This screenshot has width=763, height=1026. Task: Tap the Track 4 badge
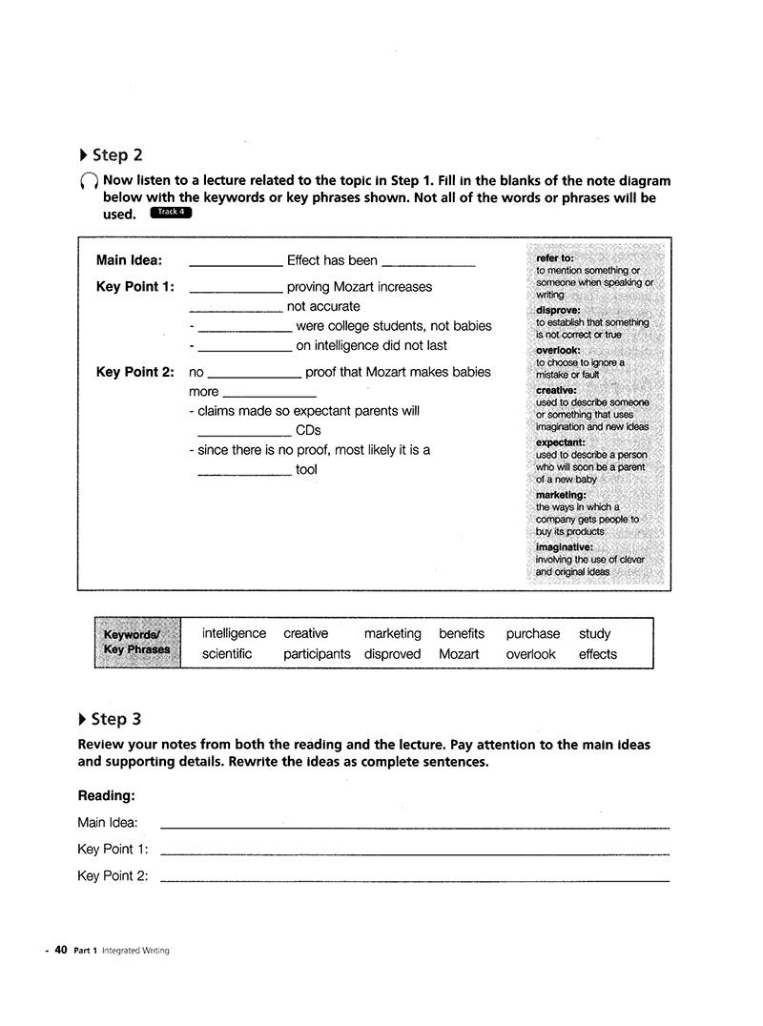pyautogui.click(x=171, y=213)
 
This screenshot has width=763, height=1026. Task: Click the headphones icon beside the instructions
pyautogui.click(x=88, y=181)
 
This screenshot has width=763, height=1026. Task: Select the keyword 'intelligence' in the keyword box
pyautogui.click(x=234, y=633)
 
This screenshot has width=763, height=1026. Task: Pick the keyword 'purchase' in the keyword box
pyautogui.click(x=532, y=633)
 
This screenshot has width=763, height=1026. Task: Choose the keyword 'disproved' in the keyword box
pyautogui.click(x=392, y=654)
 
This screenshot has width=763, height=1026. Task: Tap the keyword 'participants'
pyautogui.click(x=317, y=654)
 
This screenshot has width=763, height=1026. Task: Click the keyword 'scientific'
pyautogui.click(x=227, y=654)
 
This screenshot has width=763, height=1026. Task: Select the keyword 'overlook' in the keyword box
pyautogui.click(x=530, y=654)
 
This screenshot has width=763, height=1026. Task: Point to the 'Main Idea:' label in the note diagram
pyautogui.click(x=129, y=260)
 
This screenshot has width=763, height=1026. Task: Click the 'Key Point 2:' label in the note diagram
pyautogui.click(x=134, y=372)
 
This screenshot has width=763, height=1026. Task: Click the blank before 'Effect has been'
pyautogui.click(x=236, y=262)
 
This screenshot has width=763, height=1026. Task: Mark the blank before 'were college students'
pyautogui.click(x=244, y=328)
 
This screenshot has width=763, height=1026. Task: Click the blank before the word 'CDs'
pyautogui.click(x=244, y=432)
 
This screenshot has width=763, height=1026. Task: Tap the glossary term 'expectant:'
pyautogui.click(x=560, y=442)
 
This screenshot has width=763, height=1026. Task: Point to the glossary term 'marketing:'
pyautogui.click(x=561, y=495)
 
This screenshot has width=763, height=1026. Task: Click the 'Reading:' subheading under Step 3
pyautogui.click(x=106, y=795)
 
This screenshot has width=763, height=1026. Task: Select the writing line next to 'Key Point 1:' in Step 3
pyautogui.click(x=415, y=852)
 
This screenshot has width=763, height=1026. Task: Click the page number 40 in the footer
pyautogui.click(x=61, y=950)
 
